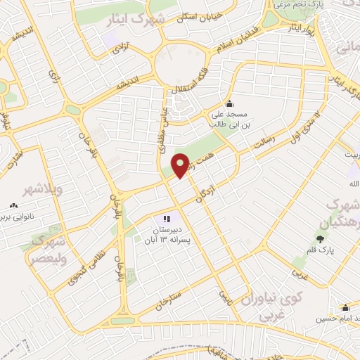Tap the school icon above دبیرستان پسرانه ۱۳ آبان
(x=167, y=219)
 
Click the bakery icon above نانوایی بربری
(x=12, y=206)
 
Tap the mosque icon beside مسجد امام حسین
(x=345, y=307)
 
